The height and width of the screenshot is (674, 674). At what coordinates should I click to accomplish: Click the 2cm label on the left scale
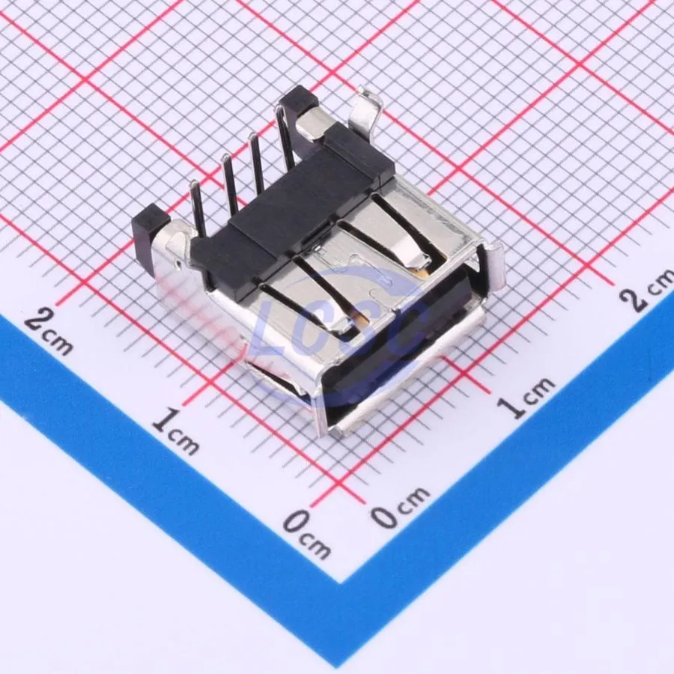pyautogui.click(x=48, y=332)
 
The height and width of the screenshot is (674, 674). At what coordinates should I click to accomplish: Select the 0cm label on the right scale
pyautogui.click(x=400, y=507)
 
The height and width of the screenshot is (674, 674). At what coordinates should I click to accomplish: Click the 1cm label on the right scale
pyautogui.click(x=526, y=398)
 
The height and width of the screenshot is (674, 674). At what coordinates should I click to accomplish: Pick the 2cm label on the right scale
pyautogui.click(x=648, y=290)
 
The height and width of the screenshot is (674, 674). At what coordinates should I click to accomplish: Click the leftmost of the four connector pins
pyautogui.click(x=198, y=208)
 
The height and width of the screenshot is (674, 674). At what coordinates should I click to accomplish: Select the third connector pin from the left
pyautogui.click(x=257, y=166)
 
